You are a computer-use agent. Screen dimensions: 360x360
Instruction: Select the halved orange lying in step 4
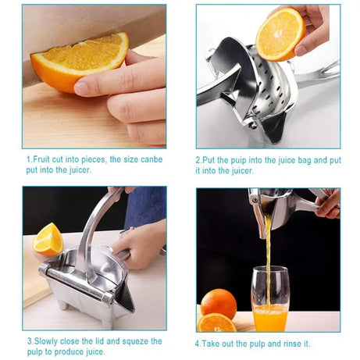click(216, 322)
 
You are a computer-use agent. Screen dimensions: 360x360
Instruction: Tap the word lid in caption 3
click(98, 341)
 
